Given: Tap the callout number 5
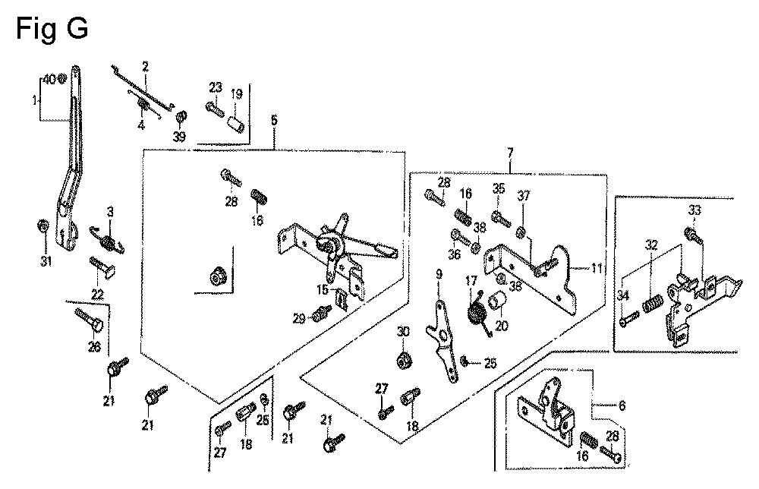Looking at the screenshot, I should [x=273, y=121].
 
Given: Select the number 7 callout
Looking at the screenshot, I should [x=509, y=154].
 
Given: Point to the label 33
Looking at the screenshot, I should [x=694, y=210].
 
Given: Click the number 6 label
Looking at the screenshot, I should [x=622, y=405].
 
